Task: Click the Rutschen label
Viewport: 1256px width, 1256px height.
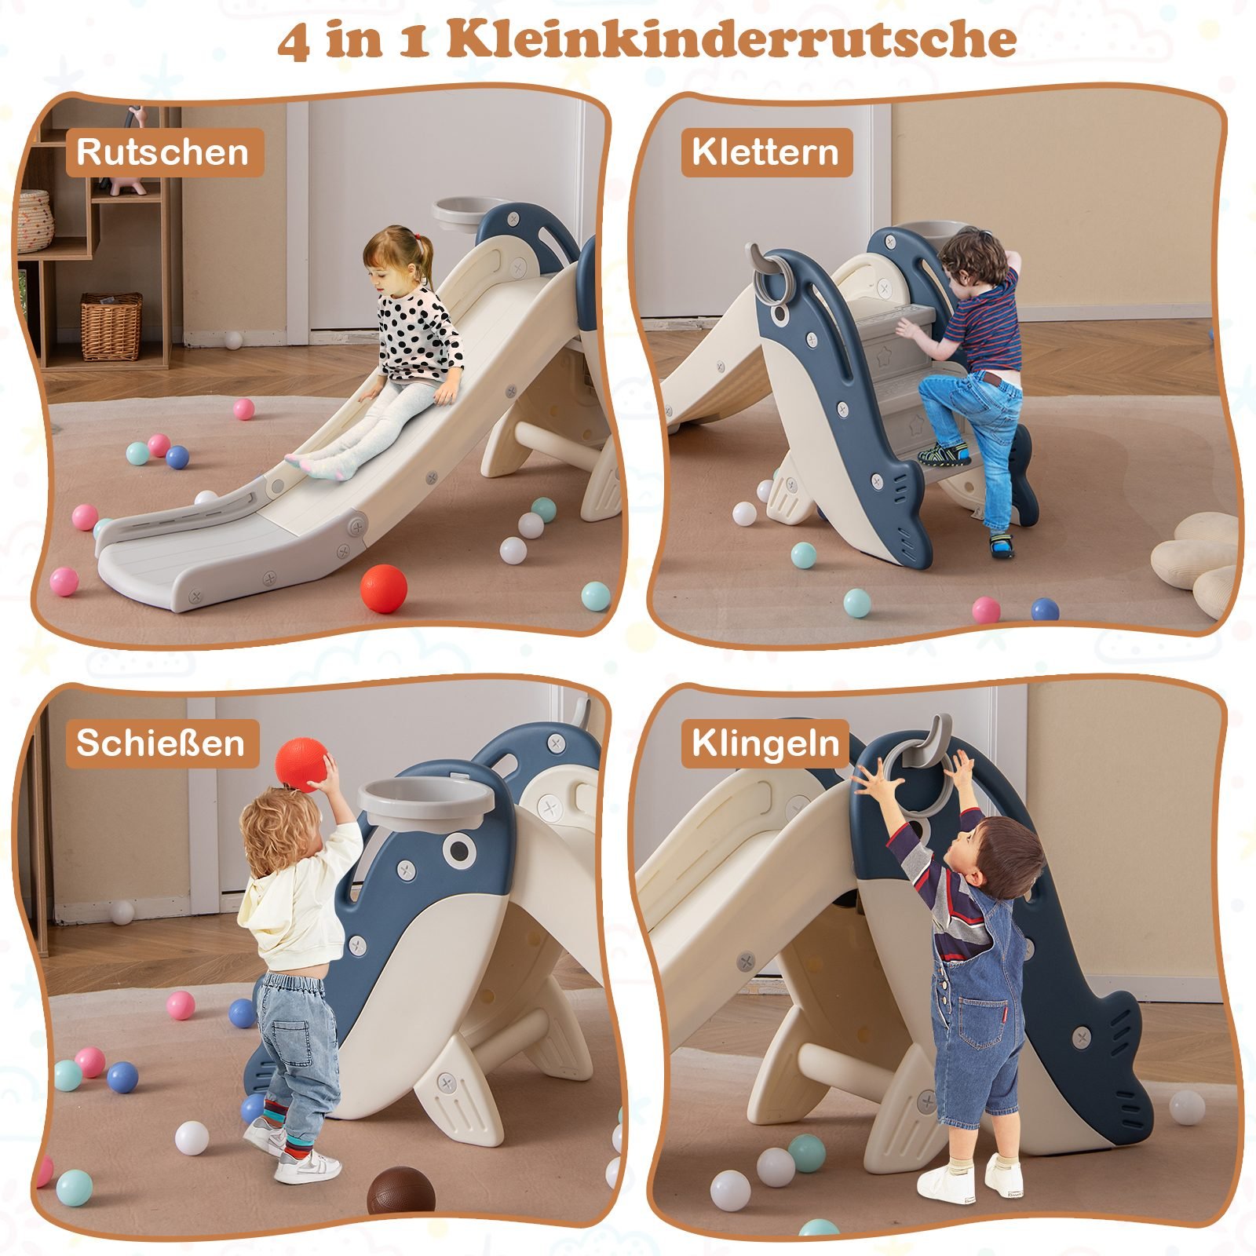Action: click(x=163, y=152)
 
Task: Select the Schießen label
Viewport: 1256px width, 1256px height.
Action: click(x=161, y=743)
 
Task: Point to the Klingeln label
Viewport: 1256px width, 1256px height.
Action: click(x=765, y=743)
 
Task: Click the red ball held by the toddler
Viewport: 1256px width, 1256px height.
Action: click(x=301, y=763)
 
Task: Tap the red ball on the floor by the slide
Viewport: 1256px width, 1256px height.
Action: click(x=384, y=589)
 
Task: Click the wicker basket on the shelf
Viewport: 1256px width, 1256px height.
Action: click(x=111, y=326)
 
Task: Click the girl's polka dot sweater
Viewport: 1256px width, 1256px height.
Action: click(x=420, y=334)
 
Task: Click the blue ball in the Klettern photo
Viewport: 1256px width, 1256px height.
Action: click(x=1045, y=610)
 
